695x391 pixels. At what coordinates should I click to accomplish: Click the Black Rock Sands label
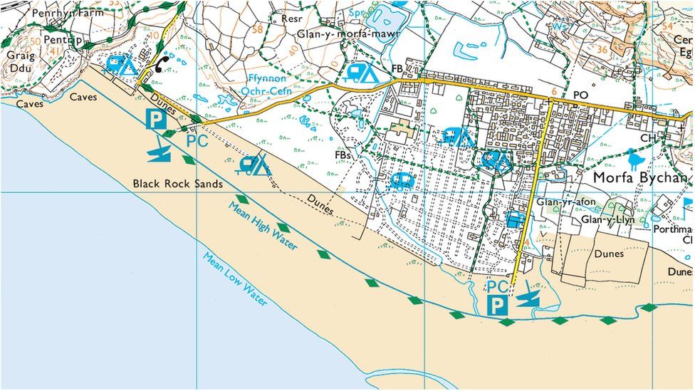(178, 184)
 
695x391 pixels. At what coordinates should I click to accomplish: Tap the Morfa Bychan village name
(642, 178)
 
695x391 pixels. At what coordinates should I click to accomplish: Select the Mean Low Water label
(234, 278)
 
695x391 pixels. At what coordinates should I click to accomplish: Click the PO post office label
(580, 94)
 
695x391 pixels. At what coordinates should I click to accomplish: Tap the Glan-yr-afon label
(562, 202)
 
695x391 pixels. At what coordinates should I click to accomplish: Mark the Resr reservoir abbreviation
(293, 19)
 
